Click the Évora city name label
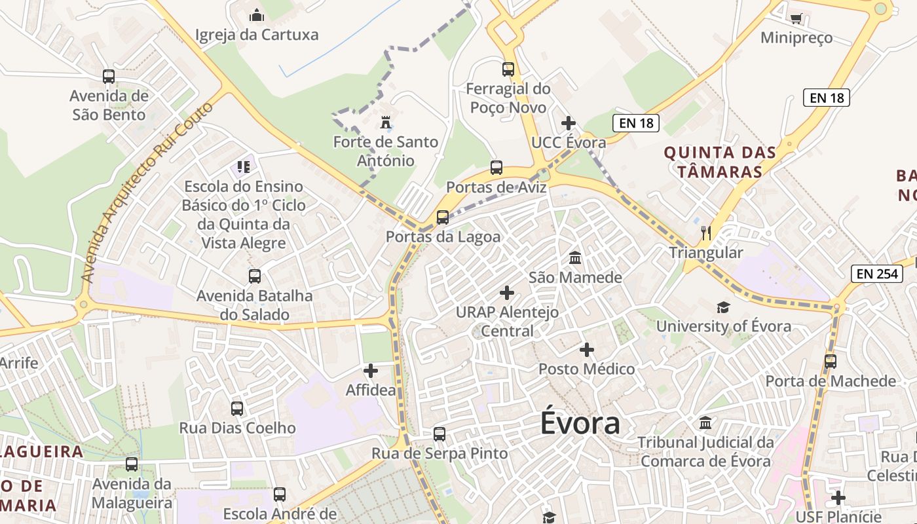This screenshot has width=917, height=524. [x=580, y=423]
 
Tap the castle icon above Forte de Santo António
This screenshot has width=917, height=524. [x=386, y=122]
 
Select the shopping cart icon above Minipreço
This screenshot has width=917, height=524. [x=796, y=18]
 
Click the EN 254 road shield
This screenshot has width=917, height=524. [x=877, y=274]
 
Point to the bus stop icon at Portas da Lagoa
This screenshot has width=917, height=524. [x=443, y=217]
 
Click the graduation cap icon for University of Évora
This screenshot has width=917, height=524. [x=723, y=307]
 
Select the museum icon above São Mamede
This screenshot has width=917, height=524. [x=575, y=258]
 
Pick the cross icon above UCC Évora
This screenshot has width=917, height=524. [x=569, y=123]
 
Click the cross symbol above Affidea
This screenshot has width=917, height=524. [x=371, y=371]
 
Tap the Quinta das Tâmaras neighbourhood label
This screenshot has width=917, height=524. [x=720, y=162]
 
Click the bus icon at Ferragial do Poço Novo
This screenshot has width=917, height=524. [x=508, y=69]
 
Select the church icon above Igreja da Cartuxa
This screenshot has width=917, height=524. [x=257, y=15]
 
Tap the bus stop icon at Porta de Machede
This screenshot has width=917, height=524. [x=831, y=362]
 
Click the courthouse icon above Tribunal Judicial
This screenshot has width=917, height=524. [x=705, y=423]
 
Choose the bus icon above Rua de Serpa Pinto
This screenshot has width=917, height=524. [x=440, y=434]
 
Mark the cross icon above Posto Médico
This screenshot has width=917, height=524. [x=587, y=350]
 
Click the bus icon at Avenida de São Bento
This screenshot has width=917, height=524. [x=109, y=77]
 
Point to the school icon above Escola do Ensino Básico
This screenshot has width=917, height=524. [x=244, y=167]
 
